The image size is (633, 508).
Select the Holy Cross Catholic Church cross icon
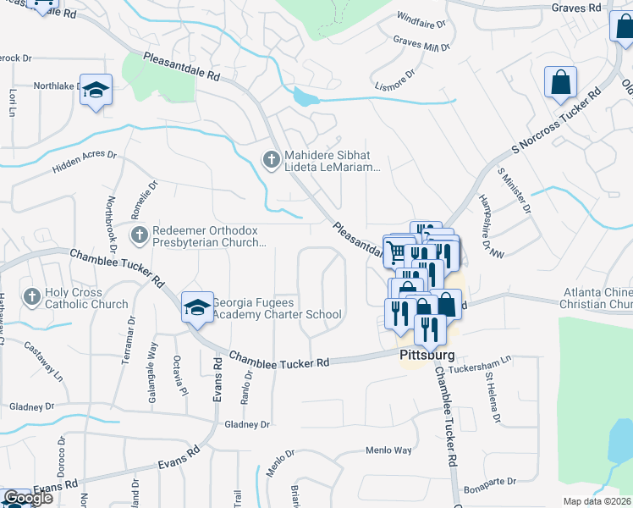click(31, 296)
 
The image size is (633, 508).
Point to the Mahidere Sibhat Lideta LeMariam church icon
click(271, 159)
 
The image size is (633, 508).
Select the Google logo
click(28, 498)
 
